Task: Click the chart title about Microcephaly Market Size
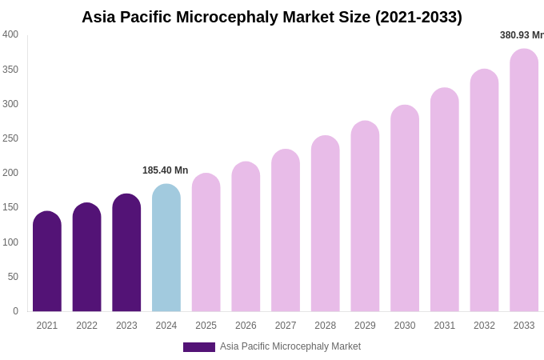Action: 272,17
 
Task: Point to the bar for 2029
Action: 365,217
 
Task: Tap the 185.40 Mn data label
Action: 166,170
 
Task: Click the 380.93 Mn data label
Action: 522,35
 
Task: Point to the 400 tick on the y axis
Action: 10,34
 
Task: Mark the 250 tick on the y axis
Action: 10,138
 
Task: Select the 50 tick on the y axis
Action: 13,277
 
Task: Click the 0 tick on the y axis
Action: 15,311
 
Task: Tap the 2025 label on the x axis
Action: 206,326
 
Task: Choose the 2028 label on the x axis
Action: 326,326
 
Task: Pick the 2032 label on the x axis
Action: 484,326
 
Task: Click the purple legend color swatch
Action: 199,347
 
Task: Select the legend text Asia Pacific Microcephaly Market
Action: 290,346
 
